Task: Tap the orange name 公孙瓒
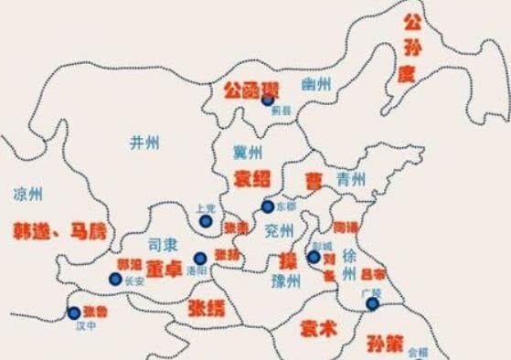point(248,90)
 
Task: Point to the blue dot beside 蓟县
point(267,101)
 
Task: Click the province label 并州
point(144,142)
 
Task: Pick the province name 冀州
point(248,151)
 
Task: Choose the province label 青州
point(350,177)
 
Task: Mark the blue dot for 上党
point(204,220)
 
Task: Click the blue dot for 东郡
point(266,206)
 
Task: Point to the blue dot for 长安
point(115,278)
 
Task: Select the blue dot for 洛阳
point(200,259)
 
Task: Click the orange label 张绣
point(206,307)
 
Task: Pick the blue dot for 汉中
point(74,313)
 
